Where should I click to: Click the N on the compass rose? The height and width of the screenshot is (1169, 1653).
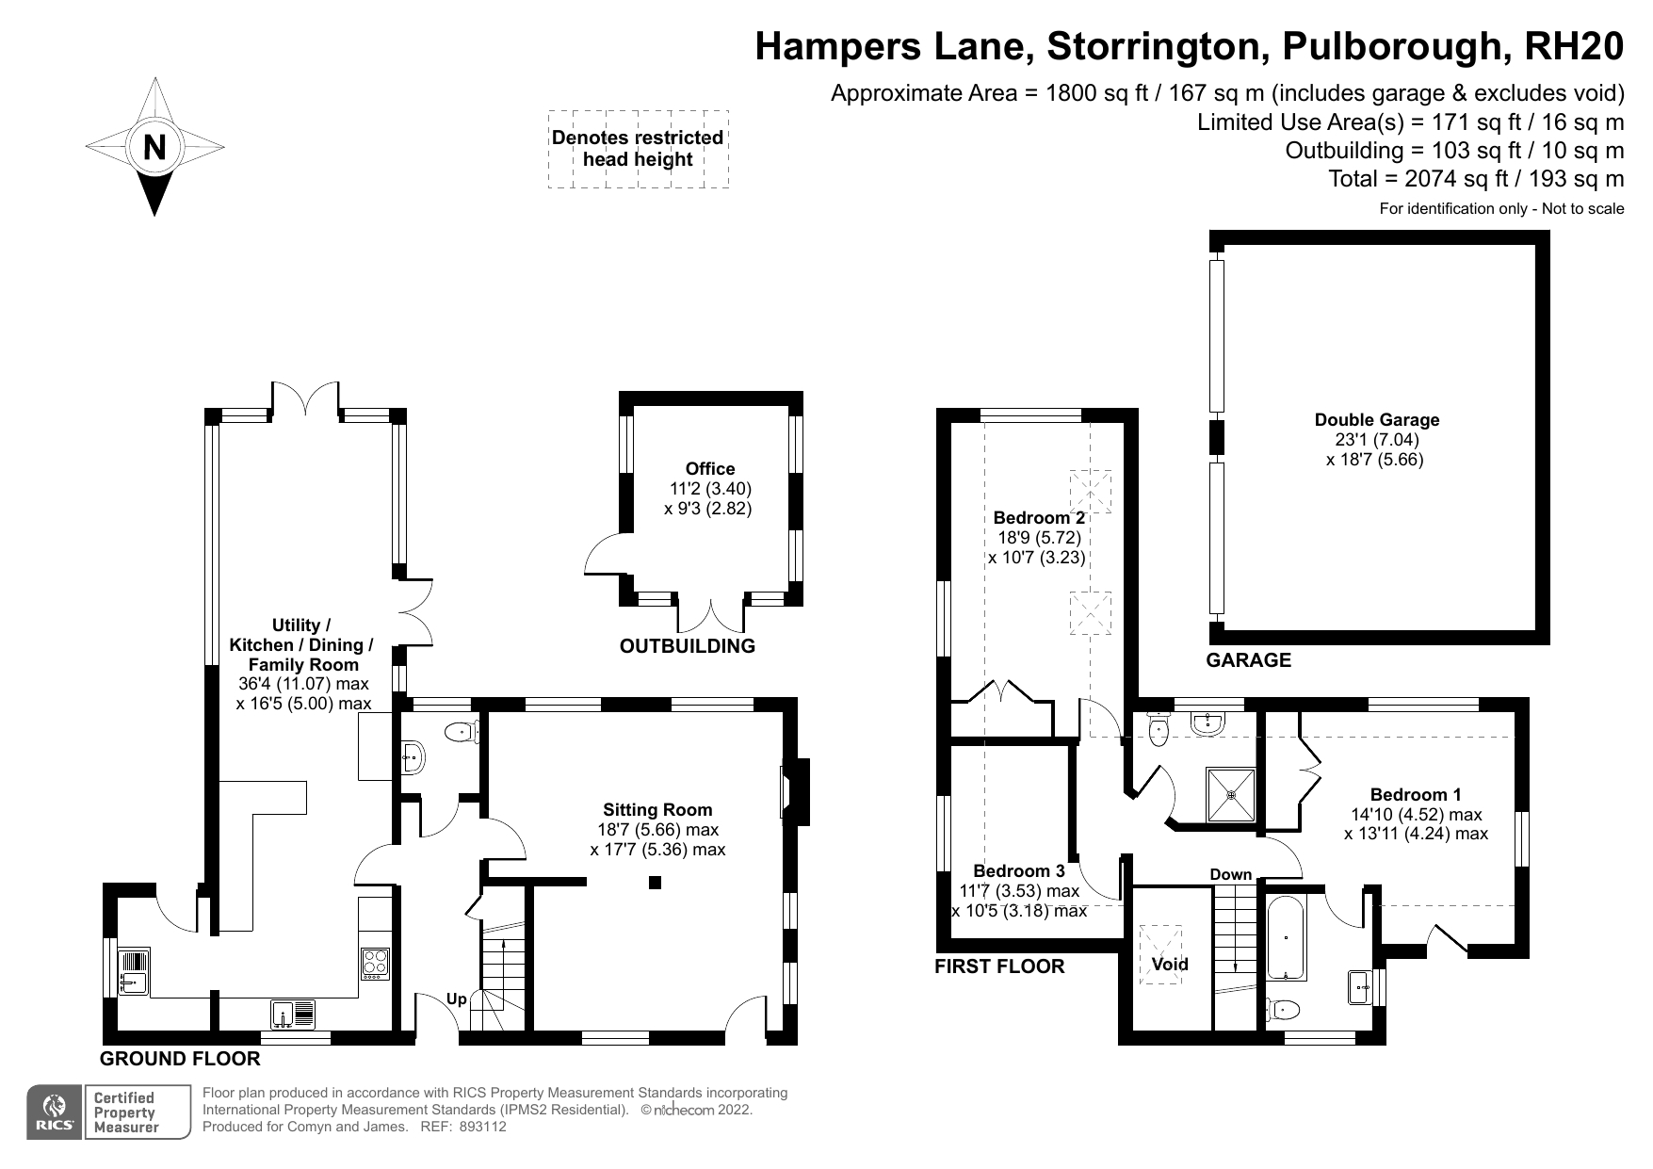click(154, 147)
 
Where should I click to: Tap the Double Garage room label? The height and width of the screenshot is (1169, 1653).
click(1376, 420)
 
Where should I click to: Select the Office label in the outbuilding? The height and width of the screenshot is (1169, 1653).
click(710, 469)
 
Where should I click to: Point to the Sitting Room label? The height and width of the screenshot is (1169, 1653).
click(657, 810)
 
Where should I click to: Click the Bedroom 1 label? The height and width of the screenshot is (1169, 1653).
click(1416, 795)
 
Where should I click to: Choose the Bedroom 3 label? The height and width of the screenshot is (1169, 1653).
click(1019, 871)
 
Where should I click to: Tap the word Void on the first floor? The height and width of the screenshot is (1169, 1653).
click(1170, 964)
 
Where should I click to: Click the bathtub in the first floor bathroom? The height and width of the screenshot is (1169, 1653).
click(1286, 937)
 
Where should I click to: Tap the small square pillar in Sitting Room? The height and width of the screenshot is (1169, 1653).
click(656, 883)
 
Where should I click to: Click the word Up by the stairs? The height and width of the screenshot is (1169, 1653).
click(456, 999)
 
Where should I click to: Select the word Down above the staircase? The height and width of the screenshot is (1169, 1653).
click(1231, 875)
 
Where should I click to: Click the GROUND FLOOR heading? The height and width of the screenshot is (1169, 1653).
click(180, 1059)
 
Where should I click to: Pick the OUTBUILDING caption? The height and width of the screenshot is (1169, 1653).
click(688, 646)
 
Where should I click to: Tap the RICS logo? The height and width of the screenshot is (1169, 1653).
click(56, 1112)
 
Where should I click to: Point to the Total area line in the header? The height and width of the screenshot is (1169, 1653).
click(1476, 179)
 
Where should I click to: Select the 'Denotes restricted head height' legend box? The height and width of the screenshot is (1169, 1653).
click(639, 149)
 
